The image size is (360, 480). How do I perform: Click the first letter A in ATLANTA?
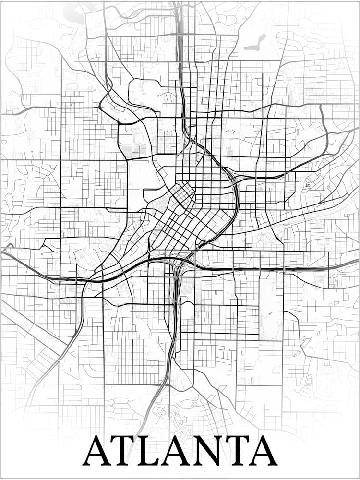[98, 451]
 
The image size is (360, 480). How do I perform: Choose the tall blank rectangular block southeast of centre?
[271, 307]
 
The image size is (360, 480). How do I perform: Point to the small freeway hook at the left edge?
[7, 248]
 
